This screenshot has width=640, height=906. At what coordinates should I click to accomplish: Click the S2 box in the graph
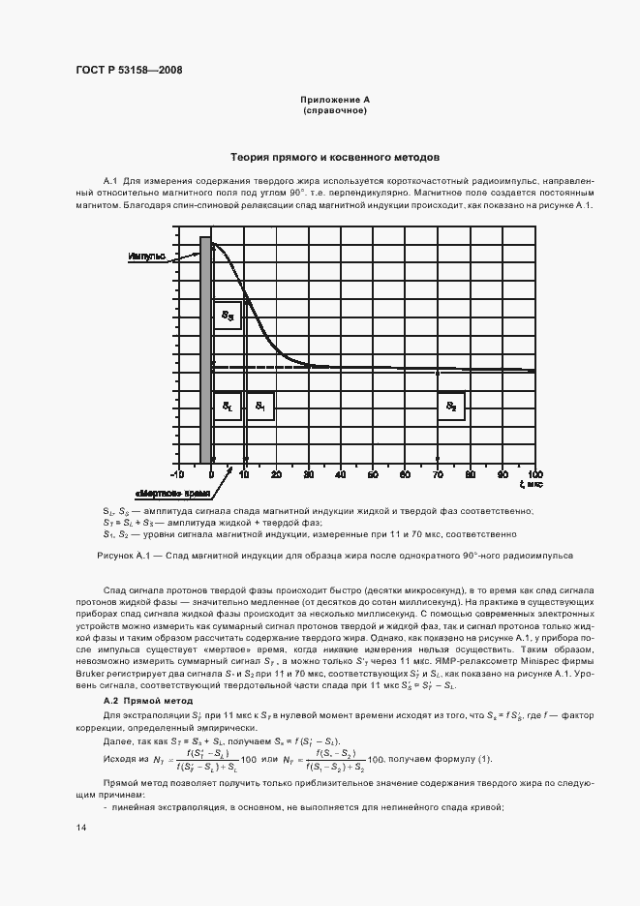coord(450,407)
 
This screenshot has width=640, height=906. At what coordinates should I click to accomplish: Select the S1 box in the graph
coord(259,407)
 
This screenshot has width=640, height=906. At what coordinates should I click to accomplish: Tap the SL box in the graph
coord(227,407)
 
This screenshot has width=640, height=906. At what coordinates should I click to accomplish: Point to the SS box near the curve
coord(227,315)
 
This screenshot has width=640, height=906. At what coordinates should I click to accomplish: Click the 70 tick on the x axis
coord(438,473)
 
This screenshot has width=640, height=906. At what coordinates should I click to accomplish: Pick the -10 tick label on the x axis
coord(177,473)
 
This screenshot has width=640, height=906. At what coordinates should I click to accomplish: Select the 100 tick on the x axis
coord(533,473)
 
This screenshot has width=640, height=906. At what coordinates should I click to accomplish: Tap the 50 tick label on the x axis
coord(373,473)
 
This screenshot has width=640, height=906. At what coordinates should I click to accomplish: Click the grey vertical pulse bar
coord(204,348)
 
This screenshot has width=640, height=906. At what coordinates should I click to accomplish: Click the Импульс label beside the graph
coord(146,257)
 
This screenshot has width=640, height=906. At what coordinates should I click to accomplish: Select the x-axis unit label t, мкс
coord(530,484)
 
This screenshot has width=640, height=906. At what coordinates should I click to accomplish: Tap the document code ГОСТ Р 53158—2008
coord(129,70)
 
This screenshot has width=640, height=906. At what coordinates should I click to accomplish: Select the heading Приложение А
coord(335,100)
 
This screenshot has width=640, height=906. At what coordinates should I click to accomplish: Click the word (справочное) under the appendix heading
coord(335,110)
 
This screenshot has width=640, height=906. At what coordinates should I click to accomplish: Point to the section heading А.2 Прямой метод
coord(148,700)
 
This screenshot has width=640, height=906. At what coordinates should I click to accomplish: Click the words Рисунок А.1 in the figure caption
coord(120,556)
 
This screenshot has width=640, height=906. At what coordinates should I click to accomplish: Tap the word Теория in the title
coord(249,156)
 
